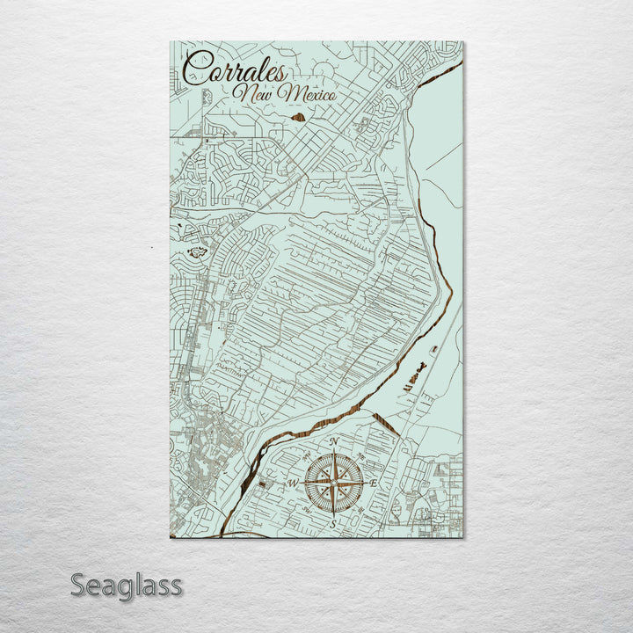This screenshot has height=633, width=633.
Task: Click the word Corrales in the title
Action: pos(235,71)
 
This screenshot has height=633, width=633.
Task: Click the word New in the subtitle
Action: pos(252,91)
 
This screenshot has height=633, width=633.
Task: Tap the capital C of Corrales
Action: pos(196,71)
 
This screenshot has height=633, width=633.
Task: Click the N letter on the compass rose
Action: pos(333,442)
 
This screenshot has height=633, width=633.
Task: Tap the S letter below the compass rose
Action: pos(333,524)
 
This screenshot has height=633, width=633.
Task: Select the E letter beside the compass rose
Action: pos(373,484)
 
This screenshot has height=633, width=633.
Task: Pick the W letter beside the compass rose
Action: pos(294,484)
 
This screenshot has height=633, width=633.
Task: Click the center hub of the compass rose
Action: pos(333,483)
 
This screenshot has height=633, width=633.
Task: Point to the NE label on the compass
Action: pos(361,456)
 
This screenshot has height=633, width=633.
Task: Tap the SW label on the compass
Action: pos(305,510)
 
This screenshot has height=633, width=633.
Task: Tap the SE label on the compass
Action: pos(361,510)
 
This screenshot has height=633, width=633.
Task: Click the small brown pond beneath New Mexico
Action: pos(298,116)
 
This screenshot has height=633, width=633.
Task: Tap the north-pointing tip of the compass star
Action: pos(333,453)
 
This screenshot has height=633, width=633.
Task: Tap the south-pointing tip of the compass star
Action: pos(333,513)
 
